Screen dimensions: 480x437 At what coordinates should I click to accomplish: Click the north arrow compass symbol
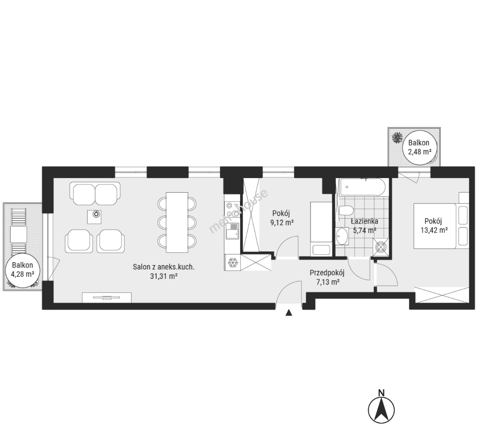[x=381, y=407]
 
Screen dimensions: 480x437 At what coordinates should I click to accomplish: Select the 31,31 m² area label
[x=164, y=276]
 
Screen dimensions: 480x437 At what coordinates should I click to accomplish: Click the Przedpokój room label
[x=327, y=273]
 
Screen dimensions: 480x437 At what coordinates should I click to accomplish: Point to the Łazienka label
[x=364, y=221]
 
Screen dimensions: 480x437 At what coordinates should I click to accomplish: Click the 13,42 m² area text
[x=434, y=230]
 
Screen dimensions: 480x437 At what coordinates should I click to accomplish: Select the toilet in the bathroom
[x=346, y=210]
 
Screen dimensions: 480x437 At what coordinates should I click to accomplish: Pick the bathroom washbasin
[x=342, y=236]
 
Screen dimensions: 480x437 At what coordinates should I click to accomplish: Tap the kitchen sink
[x=232, y=231]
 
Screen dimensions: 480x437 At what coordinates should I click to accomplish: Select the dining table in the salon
[x=177, y=222]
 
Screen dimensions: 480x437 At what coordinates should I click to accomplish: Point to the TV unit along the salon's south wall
[x=107, y=297]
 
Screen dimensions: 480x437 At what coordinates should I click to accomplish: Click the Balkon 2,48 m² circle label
[x=419, y=147]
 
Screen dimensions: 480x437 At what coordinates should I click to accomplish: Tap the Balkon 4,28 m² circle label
[x=22, y=269]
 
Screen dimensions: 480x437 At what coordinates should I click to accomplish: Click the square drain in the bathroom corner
[x=381, y=246]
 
